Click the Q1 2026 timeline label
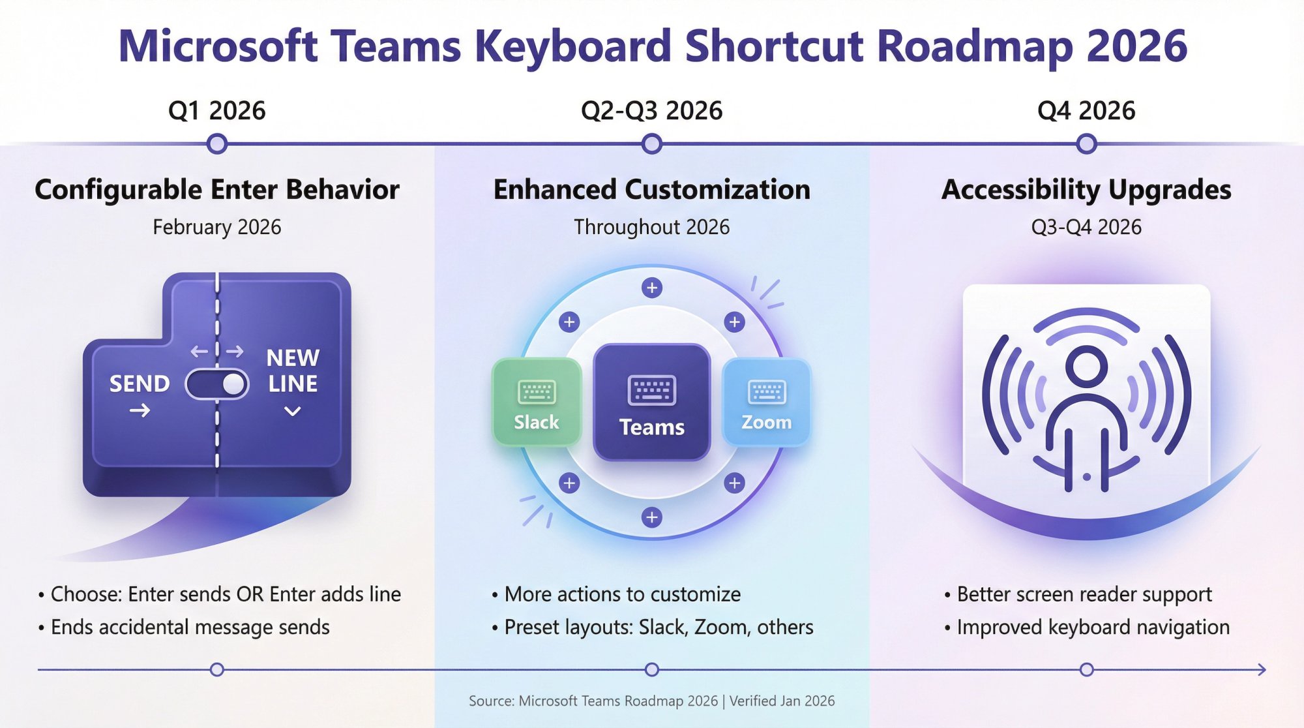point(216,111)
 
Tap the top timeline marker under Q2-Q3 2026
point(651,144)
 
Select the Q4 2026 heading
point(1086,111)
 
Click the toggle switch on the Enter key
point(217,384)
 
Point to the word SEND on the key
point(139,384)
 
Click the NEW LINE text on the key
point(293,371)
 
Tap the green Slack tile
point(537,402)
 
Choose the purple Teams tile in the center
point(651,402)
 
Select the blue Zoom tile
point(766,402)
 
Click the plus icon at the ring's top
point(651,287)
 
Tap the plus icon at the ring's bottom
point(651,517)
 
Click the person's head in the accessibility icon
point(1086,365)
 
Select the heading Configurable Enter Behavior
point(216,190)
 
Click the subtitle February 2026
point(216,227)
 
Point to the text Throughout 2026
point(651,227)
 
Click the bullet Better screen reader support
point(1084,594)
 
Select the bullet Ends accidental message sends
point(190,627)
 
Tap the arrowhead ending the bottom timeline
point(1262,669)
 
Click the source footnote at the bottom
point(651,701)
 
